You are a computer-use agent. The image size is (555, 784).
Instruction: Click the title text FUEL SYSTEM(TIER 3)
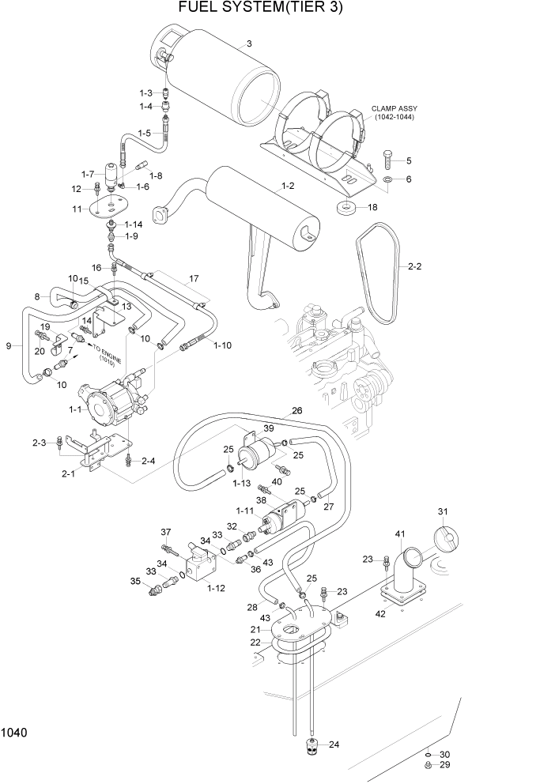261,9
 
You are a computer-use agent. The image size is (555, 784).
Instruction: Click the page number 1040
15,733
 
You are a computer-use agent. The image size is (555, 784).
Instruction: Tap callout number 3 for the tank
249,44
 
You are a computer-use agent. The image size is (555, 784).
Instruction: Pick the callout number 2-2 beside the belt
415,267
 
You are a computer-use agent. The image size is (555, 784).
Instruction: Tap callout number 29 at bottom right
444,766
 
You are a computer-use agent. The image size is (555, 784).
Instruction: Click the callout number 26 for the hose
297,410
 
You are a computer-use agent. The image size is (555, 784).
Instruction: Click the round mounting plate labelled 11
109,210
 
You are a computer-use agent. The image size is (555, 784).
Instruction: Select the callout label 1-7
87,173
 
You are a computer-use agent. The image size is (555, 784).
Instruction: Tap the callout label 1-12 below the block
216,587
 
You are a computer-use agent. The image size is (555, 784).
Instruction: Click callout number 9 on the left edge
8,345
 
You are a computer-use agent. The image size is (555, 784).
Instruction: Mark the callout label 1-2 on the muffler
287,187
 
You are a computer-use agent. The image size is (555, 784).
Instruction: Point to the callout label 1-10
223,345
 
